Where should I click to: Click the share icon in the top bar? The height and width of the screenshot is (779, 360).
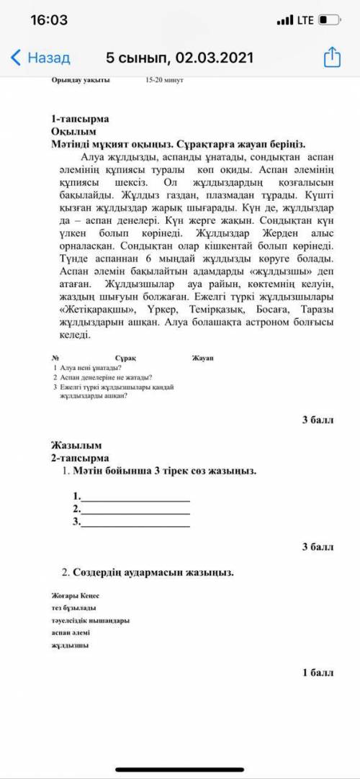pos(332,57)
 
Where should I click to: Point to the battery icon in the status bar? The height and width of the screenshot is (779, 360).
pos(329,20)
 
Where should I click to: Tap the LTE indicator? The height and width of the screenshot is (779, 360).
pos(305,20)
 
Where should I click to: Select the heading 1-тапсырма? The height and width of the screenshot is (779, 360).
pos(79,118)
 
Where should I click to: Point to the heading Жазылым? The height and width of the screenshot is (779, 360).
pos(76,445)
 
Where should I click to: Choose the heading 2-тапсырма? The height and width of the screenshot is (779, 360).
pos(79,457)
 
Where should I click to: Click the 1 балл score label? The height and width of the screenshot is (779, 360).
pos(318,672)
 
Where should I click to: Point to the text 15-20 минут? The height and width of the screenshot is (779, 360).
pos(164,80)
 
